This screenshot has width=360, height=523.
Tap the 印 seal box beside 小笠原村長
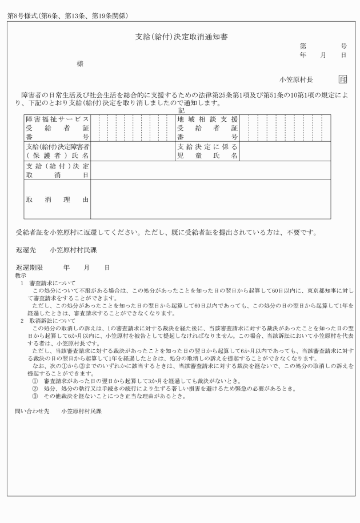[x=342, y=79]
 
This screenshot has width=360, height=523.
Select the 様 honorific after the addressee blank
[x=80, y=64]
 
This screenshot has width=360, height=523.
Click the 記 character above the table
[x=181, y=110]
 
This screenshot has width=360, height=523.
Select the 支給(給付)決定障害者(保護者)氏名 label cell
[x=57, y=151]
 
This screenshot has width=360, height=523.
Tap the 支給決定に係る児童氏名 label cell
[x=207, y=151]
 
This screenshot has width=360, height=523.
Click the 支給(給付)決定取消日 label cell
[x=57, y=170]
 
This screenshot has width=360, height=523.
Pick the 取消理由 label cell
[x=57, y=199]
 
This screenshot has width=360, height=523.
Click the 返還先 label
[x=26, y=250]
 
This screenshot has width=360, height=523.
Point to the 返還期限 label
[x=29, y=268]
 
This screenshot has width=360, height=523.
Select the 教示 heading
[x=20, y=276]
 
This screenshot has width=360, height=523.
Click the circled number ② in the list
[x=35, y=388]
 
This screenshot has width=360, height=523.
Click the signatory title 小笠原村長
[x=296, y=79]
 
